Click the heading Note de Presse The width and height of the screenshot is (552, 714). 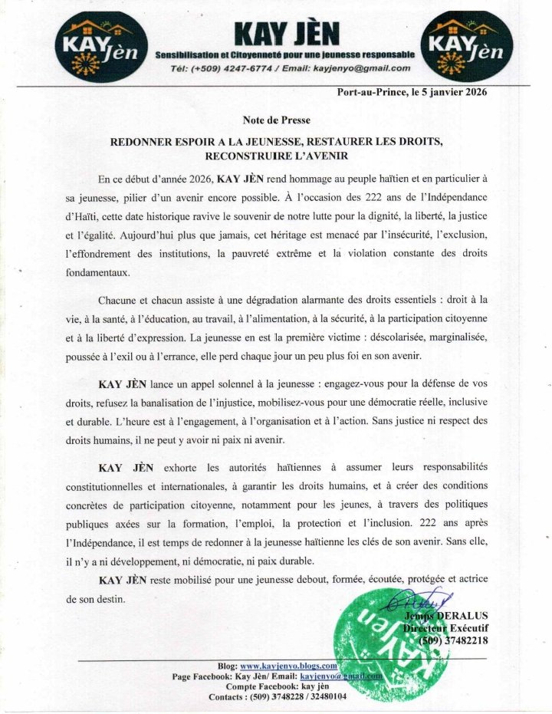tap(276, 120)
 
